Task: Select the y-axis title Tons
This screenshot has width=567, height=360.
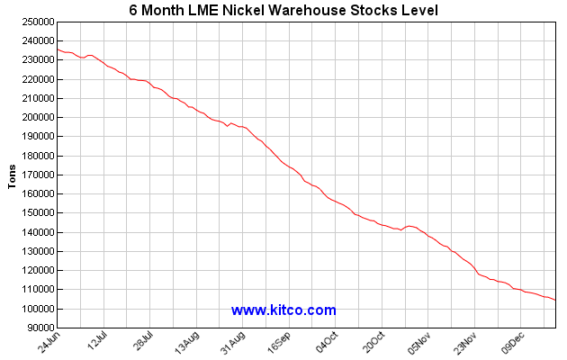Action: click(x=12, y=175)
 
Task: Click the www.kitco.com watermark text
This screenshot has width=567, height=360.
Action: click(x=283, y=310)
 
